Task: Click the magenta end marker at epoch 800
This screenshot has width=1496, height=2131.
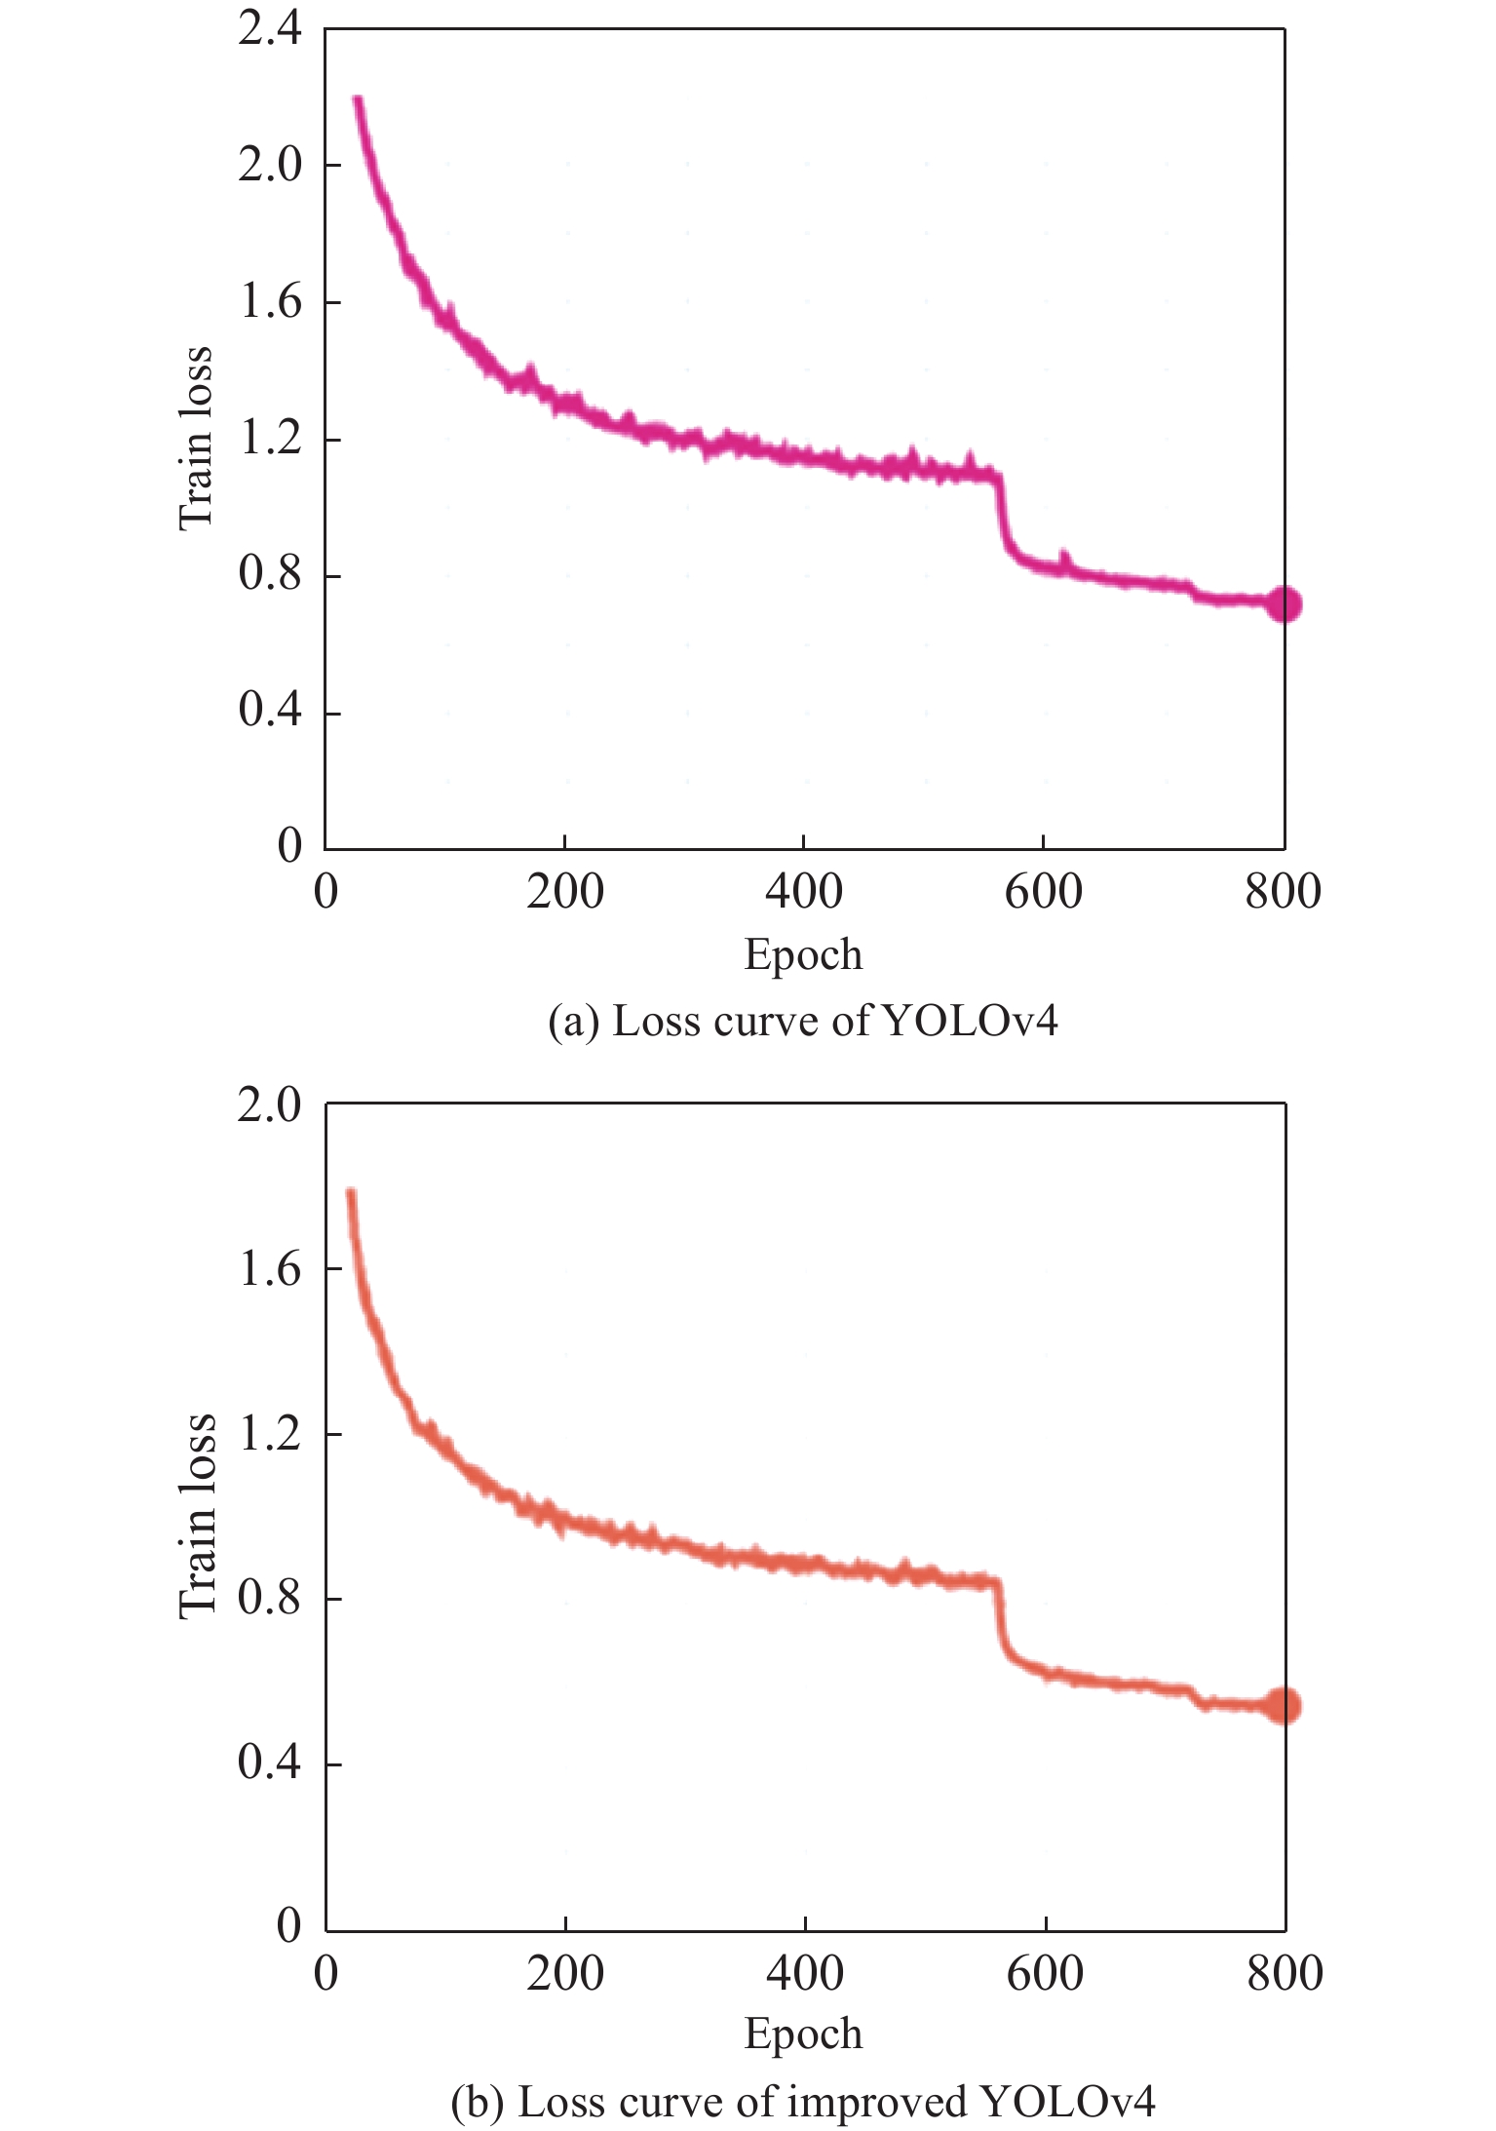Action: (x=1284, y=604)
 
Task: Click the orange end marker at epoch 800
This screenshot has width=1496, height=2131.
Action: (x=1284, y=1706)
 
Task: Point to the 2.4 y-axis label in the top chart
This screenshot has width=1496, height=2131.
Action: (x=270, y=29)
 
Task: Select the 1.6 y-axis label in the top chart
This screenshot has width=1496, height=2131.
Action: (x=270, y=302)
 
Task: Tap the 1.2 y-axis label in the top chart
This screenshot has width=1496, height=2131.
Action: (x=270, y=439)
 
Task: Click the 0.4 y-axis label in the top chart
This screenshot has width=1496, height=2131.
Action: (x=270, y=711)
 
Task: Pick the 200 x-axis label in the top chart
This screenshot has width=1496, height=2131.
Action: (x=565, y=892)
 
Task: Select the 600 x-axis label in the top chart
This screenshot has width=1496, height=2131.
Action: (x=1043, y=892)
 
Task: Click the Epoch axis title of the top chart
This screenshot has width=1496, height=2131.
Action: (x=803, y=954)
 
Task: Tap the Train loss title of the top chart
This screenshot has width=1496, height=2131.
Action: (x=196, y=438)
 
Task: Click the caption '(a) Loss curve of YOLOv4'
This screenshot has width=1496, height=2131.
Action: (x=802, y=1022)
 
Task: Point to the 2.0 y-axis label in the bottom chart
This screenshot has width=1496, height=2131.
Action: (x=270, y=1105)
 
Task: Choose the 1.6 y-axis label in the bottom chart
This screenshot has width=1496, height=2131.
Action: (x=270, y=1269)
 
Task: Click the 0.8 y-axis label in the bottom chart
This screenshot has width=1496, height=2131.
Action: (x=270, y=1599)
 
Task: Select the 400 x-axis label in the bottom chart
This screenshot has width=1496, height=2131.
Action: (x=805, y=1974)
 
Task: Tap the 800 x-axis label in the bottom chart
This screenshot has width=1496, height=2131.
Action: (x=1285, y=1974)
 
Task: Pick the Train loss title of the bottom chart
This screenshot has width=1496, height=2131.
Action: (x=196, y=1517)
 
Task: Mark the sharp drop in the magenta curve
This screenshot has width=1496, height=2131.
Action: (x=1003, y=517)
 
